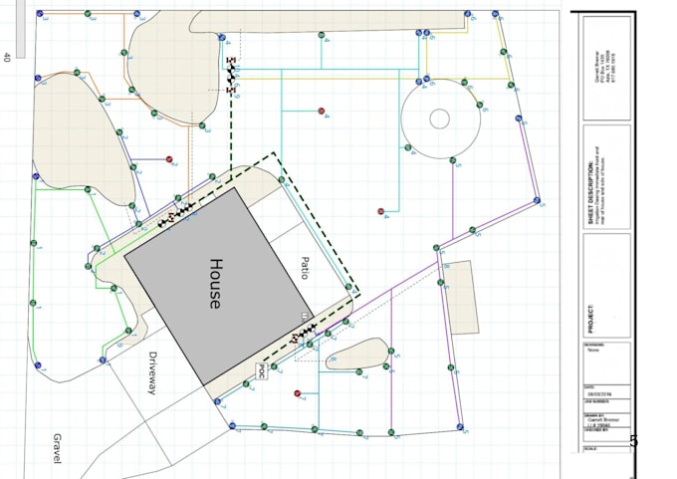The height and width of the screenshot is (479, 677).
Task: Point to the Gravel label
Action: [x=57, y=448]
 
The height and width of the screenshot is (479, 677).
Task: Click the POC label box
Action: [x=261, y=370]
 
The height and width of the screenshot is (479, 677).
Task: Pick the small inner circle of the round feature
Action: [x=439, y=119]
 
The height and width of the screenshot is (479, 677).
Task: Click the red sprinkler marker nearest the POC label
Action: [x=298, y=393]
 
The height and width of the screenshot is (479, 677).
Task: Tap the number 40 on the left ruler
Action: [x=7, y=58]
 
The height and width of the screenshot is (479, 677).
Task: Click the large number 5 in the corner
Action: [x=634, y=441]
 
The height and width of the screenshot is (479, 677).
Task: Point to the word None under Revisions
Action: [x=594, y=350]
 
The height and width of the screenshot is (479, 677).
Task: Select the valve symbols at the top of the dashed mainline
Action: [x=231, y=75]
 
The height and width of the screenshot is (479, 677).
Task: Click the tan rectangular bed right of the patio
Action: [x=461, y=298]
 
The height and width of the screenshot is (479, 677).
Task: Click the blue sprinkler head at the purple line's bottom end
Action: [x=460, y=426]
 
